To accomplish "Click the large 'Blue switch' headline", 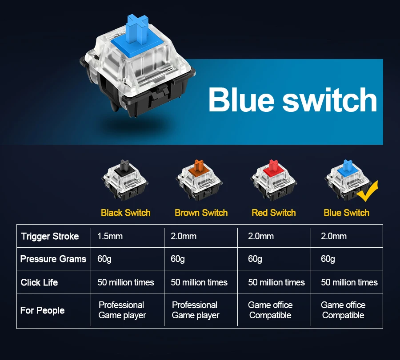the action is (292, 100).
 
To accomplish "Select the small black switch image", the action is (126, 180).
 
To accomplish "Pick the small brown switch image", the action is (199, 180).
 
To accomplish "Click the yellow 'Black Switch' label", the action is (126, 213).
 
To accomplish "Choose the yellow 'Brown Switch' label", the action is (201, 213).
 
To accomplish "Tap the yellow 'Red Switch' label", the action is (273, 213).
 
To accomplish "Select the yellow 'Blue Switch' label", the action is (346, 213).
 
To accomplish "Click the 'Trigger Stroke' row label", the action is (50, 236).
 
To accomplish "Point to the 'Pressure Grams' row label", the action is (53, 259).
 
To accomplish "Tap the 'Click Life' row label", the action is (39, 282).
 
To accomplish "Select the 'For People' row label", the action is (42, 310).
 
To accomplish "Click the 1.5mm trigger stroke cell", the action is (110, 236).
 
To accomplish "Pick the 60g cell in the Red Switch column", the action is (255, 259).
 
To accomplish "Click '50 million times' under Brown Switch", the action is (199, 282).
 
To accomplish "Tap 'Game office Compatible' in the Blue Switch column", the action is (343, 310).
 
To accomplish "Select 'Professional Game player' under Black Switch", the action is (122, 310).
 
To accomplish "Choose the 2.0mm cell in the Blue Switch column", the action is (333, 236).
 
